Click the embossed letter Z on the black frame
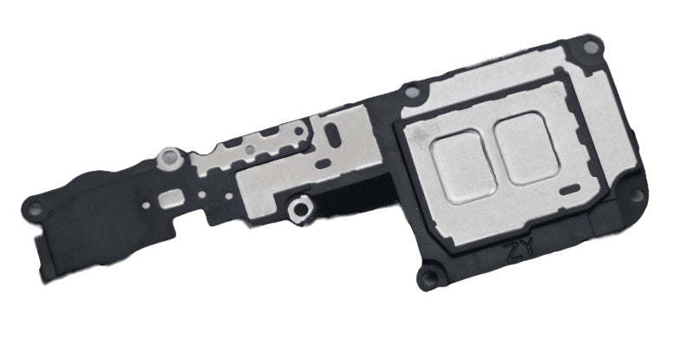click(514, 252)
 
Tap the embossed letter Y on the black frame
click(527, 248)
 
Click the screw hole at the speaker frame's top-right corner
click(591, 47)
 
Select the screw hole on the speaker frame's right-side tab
click(635, 193)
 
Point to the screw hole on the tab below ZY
click(428, 278)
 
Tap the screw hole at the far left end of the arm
click(36, 206)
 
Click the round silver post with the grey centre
click(169, 156)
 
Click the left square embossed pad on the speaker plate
click(464, 167)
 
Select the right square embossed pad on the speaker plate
click(527, 148)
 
